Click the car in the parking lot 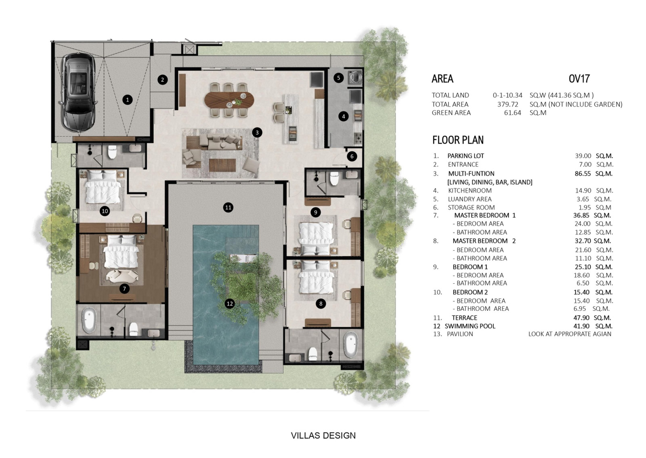(x=78, y=92)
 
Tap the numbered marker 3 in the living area (x=257, y=133)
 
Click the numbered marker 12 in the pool (x=230, y=303)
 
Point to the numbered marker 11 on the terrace (x=228, y=207)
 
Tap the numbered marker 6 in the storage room (x=352, y=157)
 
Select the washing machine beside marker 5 (x=356, y=77)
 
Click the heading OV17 (x=579, y=79)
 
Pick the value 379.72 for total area (x=508, y=105)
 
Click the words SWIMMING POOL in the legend (x=470, y=326)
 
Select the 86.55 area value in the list (x=583, y=174)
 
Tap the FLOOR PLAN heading (x=458, y=140)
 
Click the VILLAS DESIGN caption (x=323, y=435)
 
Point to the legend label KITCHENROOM (x=470, y=190)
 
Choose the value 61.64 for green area (x=512, y=113)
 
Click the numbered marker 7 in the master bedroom (x=124, y=289)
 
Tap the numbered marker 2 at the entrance (x=162, y=80)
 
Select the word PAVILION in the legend (x=460, y=334)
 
